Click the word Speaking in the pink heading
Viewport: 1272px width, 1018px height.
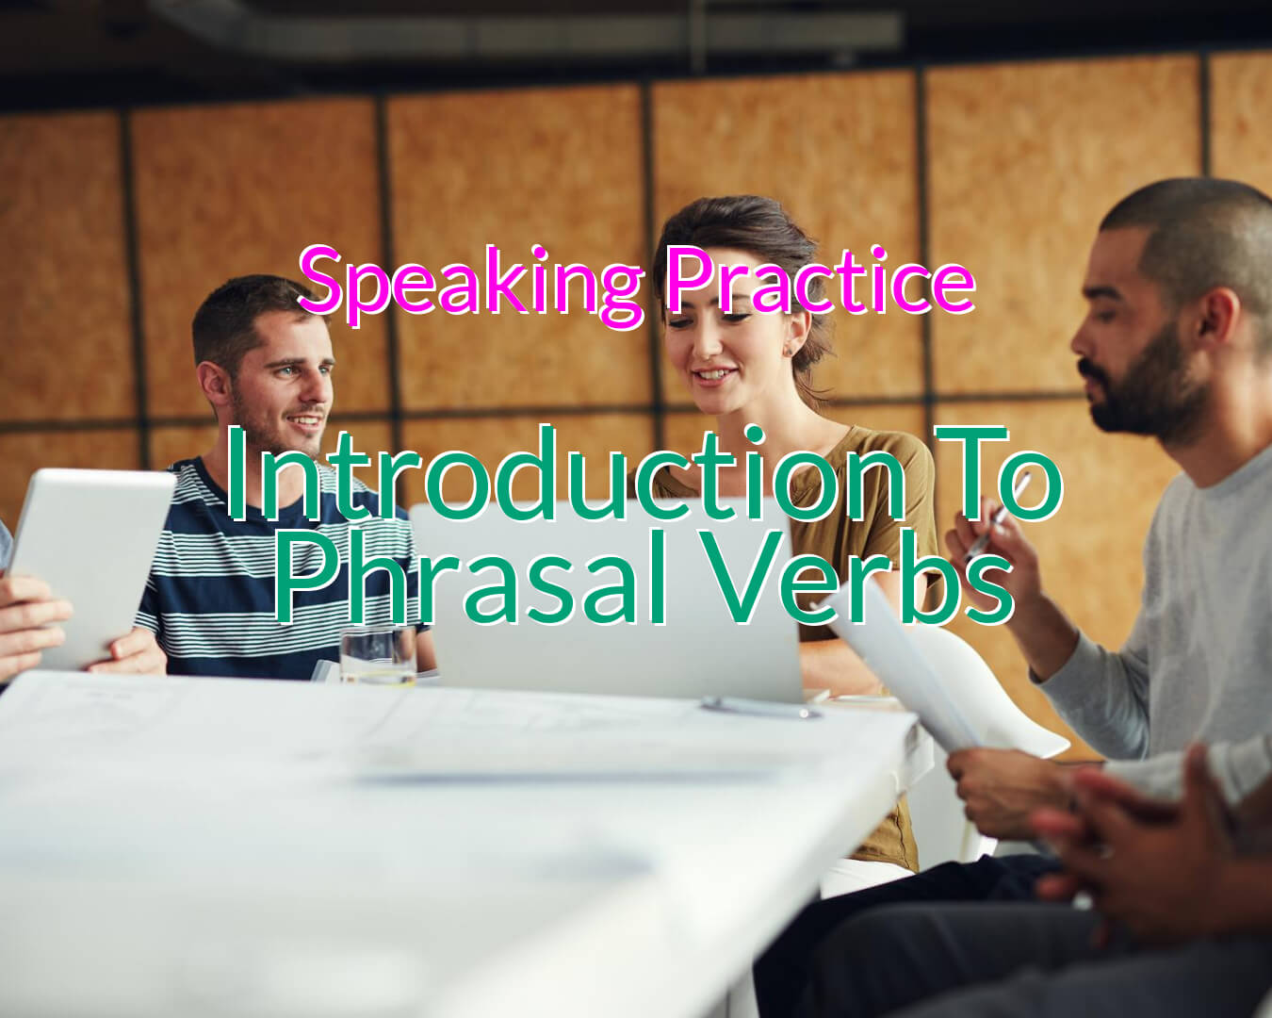471,284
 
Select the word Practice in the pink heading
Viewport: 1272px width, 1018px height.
821,280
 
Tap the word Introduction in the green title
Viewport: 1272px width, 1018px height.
565,474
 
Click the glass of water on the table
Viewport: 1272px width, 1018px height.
378,656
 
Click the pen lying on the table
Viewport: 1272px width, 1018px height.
760,707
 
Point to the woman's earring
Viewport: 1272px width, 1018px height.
789,352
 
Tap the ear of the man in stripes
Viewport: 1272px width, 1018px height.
212,388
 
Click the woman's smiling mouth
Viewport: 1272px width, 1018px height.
714,375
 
